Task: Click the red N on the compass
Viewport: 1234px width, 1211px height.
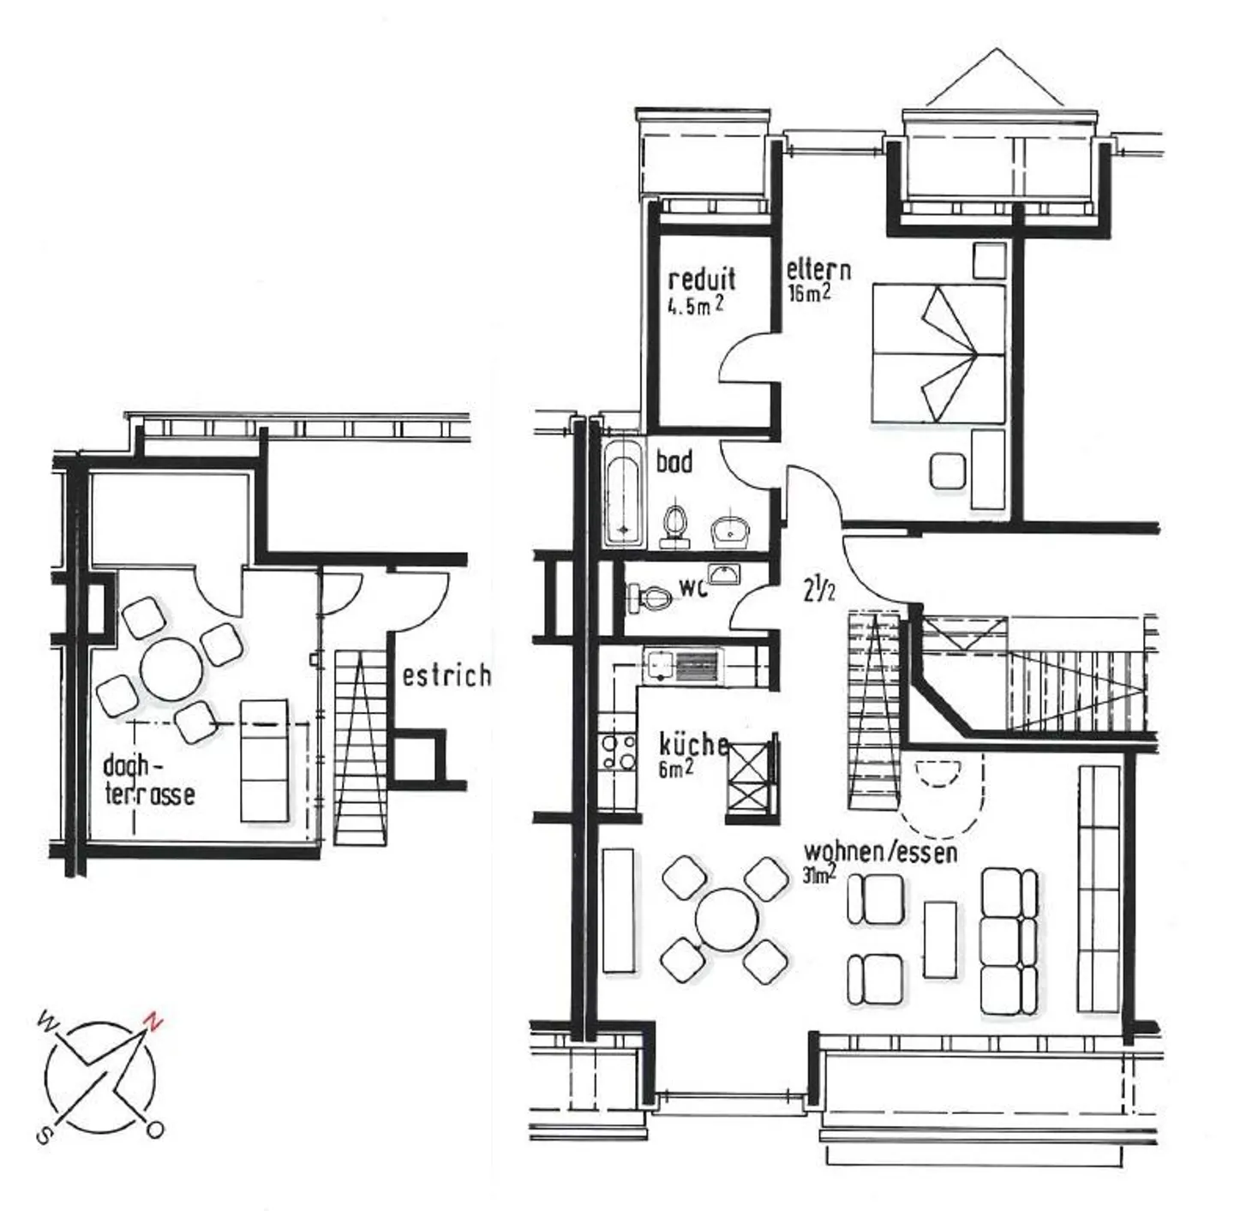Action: [x=153, y=1021]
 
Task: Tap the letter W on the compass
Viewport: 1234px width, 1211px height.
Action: [x=48, y=1022]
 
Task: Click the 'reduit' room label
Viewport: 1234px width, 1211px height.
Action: [x=702, y=280]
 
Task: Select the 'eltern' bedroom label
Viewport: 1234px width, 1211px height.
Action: [x=818, y=270]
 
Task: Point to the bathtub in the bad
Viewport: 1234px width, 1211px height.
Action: [x=622, y=493]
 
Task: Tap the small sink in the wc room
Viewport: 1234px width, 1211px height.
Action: [x=724, y=574]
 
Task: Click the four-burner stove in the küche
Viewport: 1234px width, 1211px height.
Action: [x=618, y=752]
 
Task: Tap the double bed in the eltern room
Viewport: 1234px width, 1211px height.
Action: [x=937, y=353]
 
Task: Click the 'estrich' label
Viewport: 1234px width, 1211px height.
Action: [x=446, y=675]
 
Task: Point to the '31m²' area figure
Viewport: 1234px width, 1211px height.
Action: [x=820, y=874]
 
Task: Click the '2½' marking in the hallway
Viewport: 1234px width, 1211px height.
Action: [x=818, y=591]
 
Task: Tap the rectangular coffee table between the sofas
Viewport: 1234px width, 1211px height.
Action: [x=940, y=938]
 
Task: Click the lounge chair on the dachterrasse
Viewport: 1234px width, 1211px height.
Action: [x=264, y=760]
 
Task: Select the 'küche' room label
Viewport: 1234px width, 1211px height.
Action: [x=693, y=744]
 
